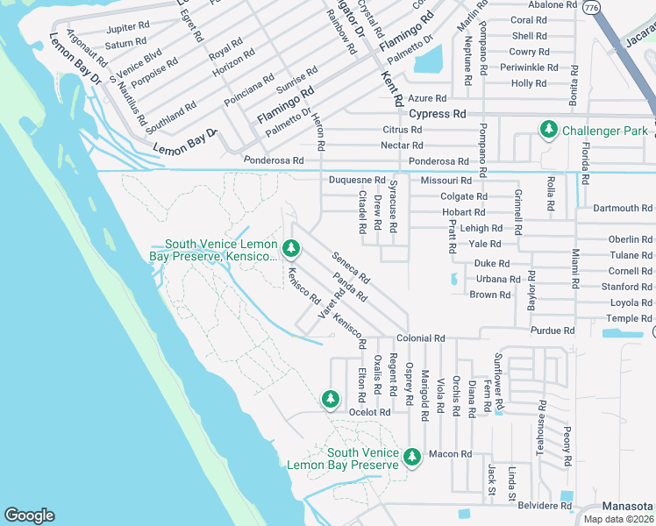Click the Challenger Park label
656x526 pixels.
point(605,131)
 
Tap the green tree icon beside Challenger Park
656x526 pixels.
point(549,131)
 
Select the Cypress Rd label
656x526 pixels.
point(438,114)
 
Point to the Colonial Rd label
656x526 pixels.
point(421,338)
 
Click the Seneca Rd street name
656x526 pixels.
point(351,269)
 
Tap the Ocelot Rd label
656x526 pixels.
point(369,412)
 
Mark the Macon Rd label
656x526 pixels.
point(451,454)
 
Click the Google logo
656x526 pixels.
point(29,515)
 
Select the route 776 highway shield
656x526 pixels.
point(592,6)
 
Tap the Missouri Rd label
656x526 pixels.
point(440,180)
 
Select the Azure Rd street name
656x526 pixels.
point(429,98)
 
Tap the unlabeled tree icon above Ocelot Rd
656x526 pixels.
point(331,399)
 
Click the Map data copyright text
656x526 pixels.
point(618,519)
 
